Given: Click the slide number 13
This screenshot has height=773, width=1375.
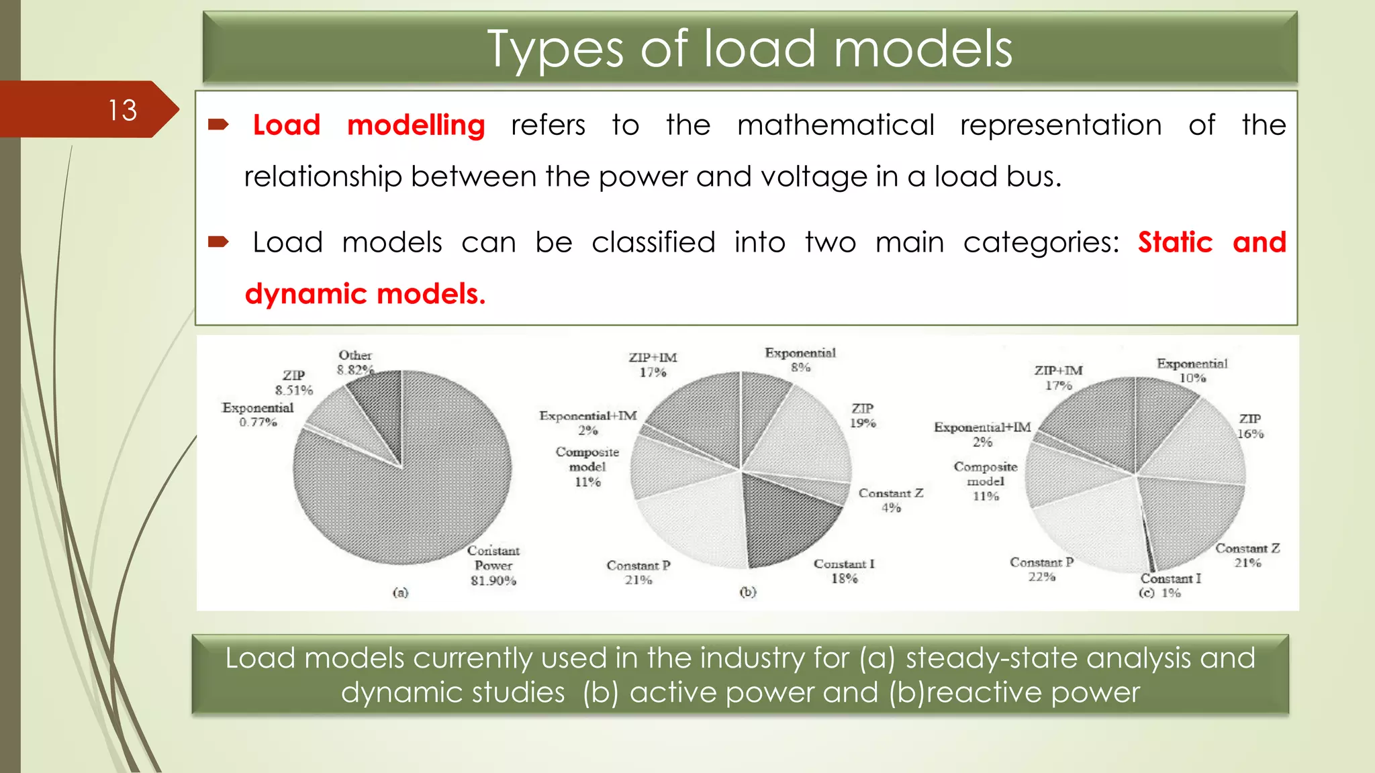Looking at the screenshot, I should pyautogui.click(x=123, y=110).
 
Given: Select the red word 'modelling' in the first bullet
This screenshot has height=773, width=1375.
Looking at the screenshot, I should pyautogui.click(x=416, y=125).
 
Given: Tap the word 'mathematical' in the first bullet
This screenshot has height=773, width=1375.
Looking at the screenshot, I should pyautogui.click(x=835, y=125).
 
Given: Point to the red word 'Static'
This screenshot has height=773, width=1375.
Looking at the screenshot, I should pyautogui.click(x=1175, y=242).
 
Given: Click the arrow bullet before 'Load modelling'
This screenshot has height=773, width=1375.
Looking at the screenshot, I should pyautogui.click(x=219, y=124).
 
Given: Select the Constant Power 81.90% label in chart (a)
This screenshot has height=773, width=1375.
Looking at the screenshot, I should pyautogui.click(x=493, y=566).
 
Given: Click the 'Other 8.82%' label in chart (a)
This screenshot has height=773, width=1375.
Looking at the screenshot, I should pyautogui.click(x=355, y=362).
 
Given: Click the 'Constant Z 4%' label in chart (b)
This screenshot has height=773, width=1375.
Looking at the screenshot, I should pyautogui.click(x=891, y=500).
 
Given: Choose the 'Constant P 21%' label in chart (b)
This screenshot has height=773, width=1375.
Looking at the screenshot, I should pyautogui.click(x=638, y=572).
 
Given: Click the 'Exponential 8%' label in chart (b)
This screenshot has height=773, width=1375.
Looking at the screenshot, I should pyautogui.click(x=800, y=360).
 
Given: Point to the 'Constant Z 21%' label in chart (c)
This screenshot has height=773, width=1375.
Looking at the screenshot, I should pyautogui.click(x=1247, y=556).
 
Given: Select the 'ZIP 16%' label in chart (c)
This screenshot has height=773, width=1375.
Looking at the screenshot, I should pyautogui.click(x=1250, y=426).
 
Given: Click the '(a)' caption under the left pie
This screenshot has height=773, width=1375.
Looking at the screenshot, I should pyautogui.click(x=400, y=592).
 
